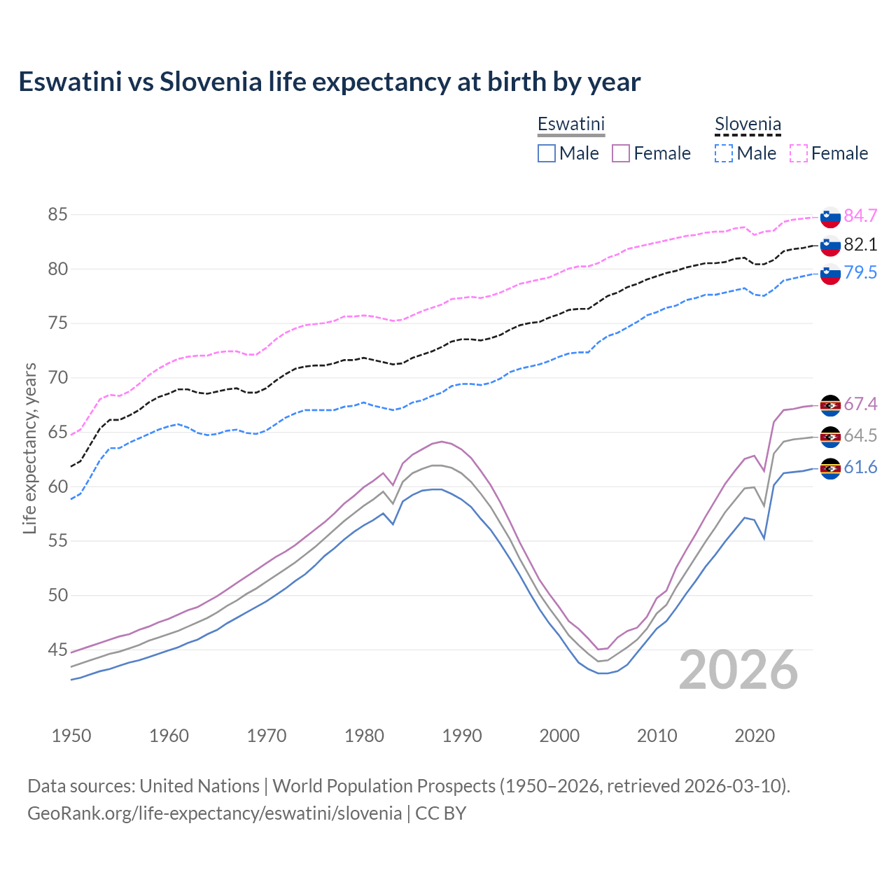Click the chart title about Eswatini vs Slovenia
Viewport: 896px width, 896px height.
329,82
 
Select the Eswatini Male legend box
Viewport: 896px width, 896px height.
547,153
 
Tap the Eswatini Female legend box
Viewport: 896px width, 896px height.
621,153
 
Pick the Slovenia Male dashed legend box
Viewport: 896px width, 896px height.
724,153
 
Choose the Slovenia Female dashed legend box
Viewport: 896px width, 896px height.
799,153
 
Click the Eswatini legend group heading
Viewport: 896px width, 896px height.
570,124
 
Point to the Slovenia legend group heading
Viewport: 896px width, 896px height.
748,125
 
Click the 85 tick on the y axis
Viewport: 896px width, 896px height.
57,215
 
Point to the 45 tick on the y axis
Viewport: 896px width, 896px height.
57,650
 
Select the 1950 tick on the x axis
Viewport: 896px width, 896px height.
71,736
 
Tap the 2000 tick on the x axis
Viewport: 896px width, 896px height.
559,736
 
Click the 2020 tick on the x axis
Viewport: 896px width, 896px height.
755,736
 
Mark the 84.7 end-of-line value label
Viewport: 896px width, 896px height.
860,216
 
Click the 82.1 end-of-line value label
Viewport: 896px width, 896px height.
860,244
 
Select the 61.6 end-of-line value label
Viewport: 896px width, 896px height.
860,467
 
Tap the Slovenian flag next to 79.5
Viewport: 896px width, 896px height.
830,274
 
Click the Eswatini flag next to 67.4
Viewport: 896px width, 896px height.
830,405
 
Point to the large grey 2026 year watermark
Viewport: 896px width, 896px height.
738,670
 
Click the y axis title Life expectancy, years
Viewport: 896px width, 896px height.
29,448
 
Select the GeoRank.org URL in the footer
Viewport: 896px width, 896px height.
214,813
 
